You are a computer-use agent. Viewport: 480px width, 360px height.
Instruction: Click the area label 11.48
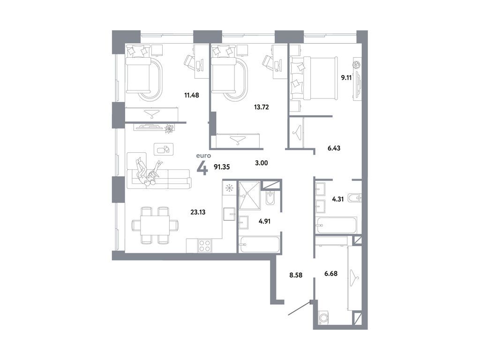pos(192,95)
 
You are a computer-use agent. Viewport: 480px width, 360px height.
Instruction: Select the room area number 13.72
pos(261,107)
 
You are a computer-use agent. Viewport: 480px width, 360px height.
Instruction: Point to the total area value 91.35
pos(223,166)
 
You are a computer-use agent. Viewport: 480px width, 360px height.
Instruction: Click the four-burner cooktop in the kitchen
pos(205,245)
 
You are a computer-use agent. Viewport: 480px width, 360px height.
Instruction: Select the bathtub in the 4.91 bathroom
pos(259,244)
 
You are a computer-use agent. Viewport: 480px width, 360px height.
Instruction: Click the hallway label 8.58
pos(296,275)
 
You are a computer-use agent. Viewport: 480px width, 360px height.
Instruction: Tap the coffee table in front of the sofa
pos(164,149)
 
